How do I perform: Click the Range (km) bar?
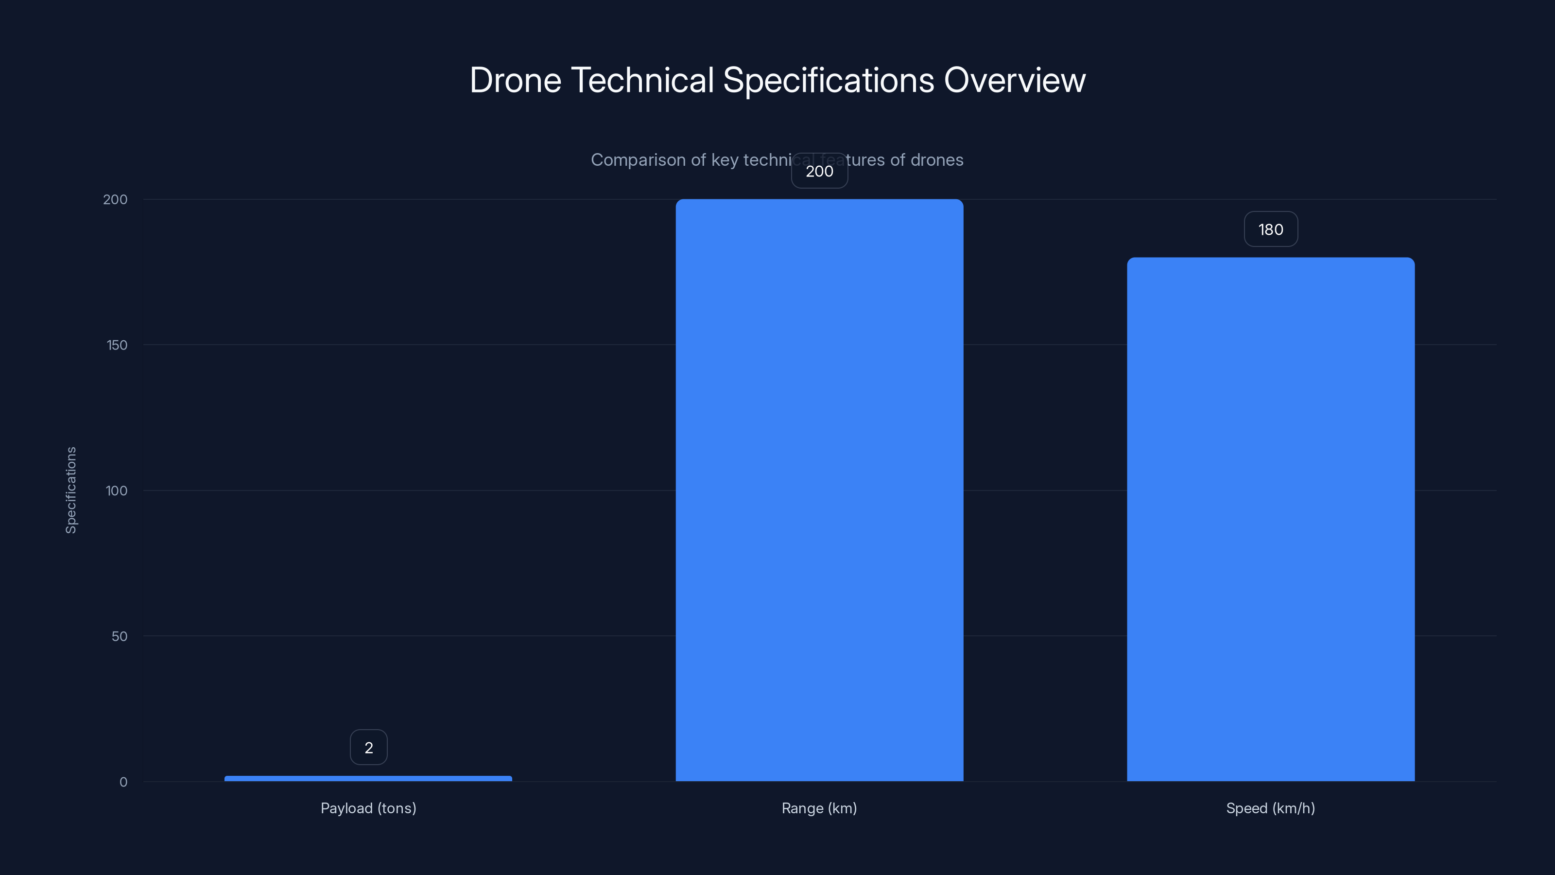819,489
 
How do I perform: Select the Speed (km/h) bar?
1270,519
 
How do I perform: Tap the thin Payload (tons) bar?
368,778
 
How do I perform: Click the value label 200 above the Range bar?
819,171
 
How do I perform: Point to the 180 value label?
1270,229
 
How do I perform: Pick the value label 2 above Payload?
368,748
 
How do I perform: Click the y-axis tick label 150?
117,345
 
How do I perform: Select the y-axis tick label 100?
117,490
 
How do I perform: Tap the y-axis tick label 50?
119,636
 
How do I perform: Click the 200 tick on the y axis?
115,199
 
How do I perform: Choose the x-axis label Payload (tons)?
368,808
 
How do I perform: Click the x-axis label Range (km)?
819,808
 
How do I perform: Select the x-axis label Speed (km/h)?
1270,808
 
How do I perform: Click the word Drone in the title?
515,80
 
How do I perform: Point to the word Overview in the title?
1014,80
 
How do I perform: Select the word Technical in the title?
642,80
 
